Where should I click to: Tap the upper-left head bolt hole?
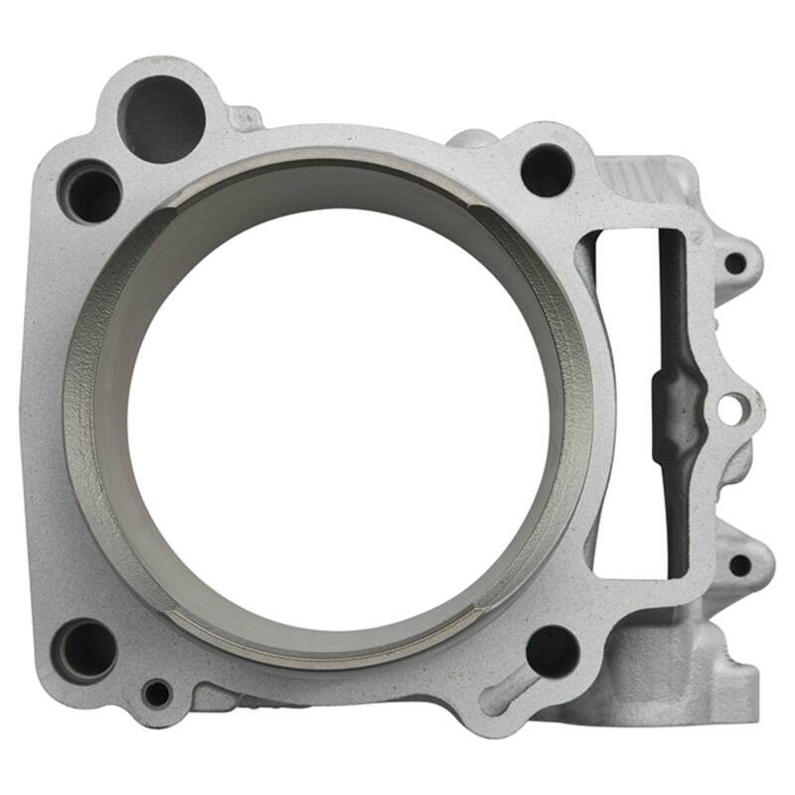[92, 193]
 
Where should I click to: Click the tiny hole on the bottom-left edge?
[156, 693]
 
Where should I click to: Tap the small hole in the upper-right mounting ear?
[734, 263]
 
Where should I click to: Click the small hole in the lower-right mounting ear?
[739, 564]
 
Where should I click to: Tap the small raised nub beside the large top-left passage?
[241, 118]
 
